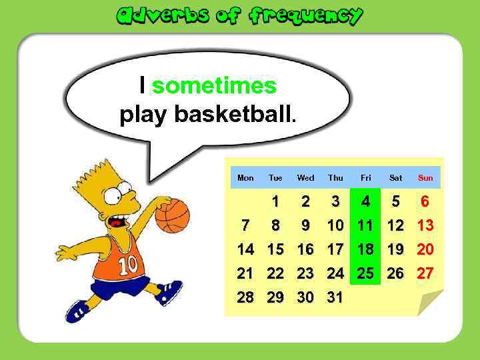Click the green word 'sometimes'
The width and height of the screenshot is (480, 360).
coord(214,85)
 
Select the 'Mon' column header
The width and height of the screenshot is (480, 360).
coord(245,178)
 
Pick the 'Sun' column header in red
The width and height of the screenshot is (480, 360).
coord(425,178)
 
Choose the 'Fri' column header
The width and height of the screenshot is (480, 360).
coord(366,178)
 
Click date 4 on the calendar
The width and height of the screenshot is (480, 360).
coord(365,201)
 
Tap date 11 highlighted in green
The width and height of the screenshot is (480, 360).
coord(365,225)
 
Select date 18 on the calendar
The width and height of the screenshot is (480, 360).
coord(365,249)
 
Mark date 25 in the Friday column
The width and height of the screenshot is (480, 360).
coord(365,273)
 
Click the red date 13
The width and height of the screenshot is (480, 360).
coord(425,225)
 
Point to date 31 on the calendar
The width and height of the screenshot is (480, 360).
coord(335,297)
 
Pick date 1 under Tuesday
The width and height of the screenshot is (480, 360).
coord(275,201)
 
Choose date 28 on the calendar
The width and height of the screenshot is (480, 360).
coord(245,297)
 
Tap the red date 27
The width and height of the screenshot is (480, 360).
coord(425,273)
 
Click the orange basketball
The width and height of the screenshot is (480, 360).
coord(172,215)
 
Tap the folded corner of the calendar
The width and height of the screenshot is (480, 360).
coord(430,303)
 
